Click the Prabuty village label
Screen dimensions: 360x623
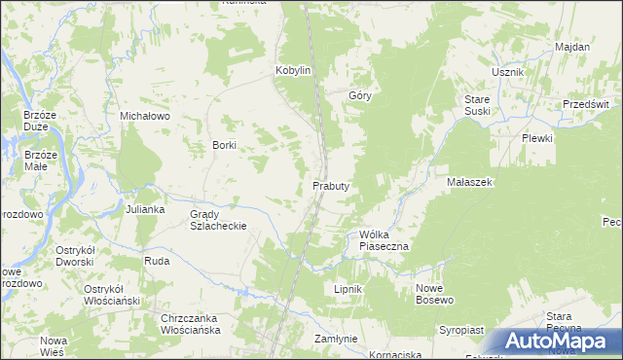[331, 185]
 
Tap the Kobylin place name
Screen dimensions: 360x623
[293, 71]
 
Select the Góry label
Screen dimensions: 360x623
[360, 96]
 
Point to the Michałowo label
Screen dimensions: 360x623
[145, 115]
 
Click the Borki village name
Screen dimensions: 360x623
[225, 145]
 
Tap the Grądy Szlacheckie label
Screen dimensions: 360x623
[218, 220]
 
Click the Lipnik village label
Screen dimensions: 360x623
[348, 289]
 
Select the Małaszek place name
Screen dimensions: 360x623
[472, 182]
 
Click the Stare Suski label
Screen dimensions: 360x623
[476, 106]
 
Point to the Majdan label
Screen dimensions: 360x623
[572, 47]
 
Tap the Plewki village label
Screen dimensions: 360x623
[536, 138]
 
